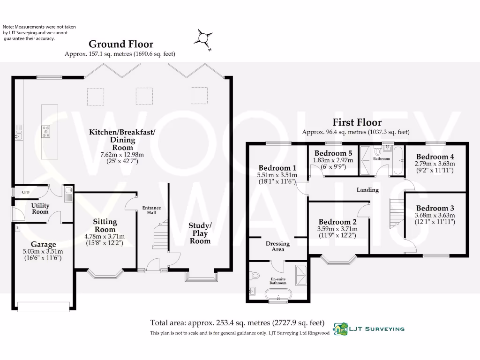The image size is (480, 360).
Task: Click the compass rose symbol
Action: pos(203,38)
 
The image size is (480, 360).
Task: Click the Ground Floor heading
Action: pos(121,44)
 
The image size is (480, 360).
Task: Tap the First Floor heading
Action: pos(357,122)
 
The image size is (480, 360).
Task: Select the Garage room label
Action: pos(43,244)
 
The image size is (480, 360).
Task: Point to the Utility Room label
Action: pos(40,209)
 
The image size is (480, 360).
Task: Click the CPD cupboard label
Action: pos(26,192)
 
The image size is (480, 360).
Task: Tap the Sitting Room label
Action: pos(105,225)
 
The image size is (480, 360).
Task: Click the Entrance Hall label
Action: pos(151,210)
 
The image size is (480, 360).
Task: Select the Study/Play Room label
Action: pos(200,233)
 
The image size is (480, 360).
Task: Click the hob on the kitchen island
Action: pos(46,132)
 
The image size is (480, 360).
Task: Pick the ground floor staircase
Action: pos(160,234)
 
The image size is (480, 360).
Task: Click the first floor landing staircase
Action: pos(397,214)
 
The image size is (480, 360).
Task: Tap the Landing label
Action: pos(367,190)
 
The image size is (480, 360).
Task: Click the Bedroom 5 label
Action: pos(333,153)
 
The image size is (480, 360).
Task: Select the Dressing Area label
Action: pos(277,247)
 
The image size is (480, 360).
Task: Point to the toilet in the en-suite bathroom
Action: pos(255,276)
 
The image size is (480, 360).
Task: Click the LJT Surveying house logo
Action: pos(340,329)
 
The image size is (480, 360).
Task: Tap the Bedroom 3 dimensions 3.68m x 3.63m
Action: pos(435,215)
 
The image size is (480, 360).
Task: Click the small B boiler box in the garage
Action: pos(17,228)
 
